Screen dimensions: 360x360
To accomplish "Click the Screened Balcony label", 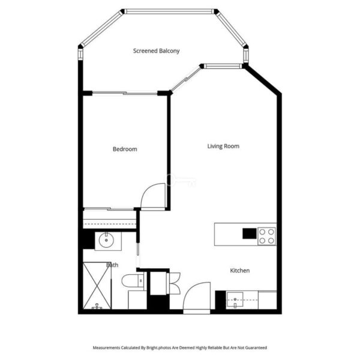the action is click(157, 51).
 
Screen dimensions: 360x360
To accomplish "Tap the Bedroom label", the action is click(125, 149).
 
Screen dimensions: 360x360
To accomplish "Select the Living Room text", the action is click(223, 146).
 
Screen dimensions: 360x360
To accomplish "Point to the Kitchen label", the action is click(239, 271).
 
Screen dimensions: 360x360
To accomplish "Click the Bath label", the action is click(112, 265).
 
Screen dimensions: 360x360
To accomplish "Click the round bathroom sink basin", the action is click(106, 240).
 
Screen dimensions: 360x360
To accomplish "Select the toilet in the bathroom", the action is click(133, 281).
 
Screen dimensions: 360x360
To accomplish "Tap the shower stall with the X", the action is click(97, 286).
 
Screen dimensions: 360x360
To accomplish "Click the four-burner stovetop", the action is click(267, 236).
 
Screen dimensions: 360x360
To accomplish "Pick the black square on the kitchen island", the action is click(250, 233).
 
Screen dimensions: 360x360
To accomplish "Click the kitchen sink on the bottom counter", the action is click(235, 300).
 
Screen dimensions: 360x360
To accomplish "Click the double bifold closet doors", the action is click(174, 283).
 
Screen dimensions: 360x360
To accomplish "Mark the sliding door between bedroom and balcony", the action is click(125, 93).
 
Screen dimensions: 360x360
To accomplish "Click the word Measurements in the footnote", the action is click(106, 347).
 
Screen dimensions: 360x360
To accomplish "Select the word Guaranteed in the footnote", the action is click(256, 347).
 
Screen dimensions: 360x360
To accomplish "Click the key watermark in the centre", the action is click(181, 180).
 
